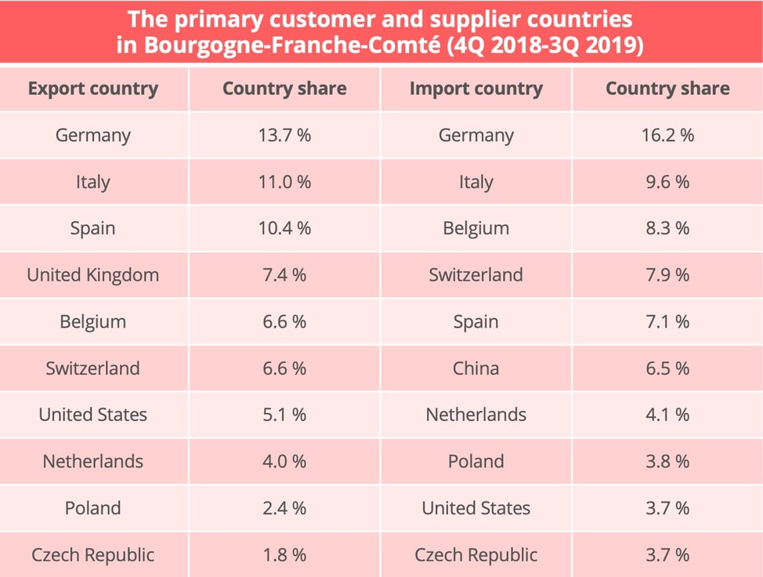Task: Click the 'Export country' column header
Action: coord(92,89)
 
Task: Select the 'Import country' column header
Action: coord(476,89)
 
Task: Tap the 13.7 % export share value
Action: coord(284,135)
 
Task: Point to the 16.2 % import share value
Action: coord(667,135)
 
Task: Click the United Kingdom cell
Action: coord(92,275)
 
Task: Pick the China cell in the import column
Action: coord(476,368)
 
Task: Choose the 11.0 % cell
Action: coord(284,182)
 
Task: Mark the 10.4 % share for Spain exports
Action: coord(284,228)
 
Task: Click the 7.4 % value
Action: coord(284,275)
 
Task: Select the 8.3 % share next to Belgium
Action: coord(667,228)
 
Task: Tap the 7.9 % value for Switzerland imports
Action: coord(667,275)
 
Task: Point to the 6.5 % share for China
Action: coord(667,368)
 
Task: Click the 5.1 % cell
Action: coord(284,415)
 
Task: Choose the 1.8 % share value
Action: coord(284,555)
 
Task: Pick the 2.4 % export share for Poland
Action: coord(284,508)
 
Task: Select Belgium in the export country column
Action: coord(92,321)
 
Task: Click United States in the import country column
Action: coord(476,508)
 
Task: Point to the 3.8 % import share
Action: coord(667,462)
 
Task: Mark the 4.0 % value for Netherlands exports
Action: coord(284,462)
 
